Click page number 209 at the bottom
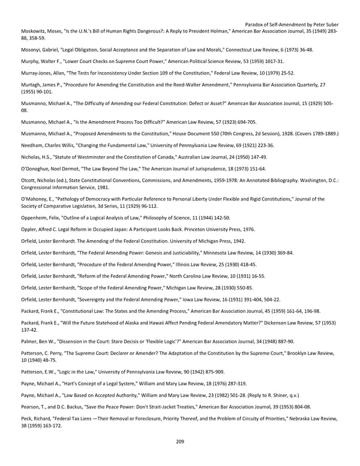pyautogui.click(x=180, y=441)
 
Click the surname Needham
pyautogui.click(x=33, y=145)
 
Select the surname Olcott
pyautogui.click(x=29, y=181)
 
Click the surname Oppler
pyautogui.click(x=30, y=229)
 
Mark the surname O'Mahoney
pyautogui.click(x=35, y=199)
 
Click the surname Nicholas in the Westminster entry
pyautogui.click(x=31, y=157)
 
